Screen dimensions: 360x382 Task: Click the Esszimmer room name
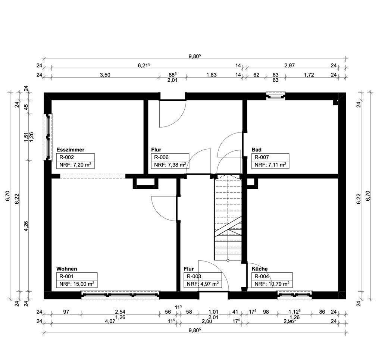pyautogui.click(x=70, y=150)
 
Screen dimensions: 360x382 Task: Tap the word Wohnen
pyautogui.click(x=67, y=269)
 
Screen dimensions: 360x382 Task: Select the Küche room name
pyautogui.click(x=260, y=269)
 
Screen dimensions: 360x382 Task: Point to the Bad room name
pyautogui.click(x=256, y=150)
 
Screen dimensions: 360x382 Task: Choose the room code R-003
pyautogui.click(x=194, y=276)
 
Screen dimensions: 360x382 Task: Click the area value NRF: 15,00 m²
pyautogui.click(x=76, y=284)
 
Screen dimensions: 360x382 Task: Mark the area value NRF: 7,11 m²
pyautogui.click(x=270, y=165)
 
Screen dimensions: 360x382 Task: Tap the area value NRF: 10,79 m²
pyautogui.click(x=272, y=284)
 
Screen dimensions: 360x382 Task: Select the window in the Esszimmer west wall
pyautogui.click(x=48, y=137)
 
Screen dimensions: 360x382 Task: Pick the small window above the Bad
pyautogui.click(x=276, y=96)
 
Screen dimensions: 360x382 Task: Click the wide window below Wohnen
pyautogui.click(x=120, y=295)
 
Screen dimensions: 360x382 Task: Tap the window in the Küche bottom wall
pyautogui.click(x=295, y=295)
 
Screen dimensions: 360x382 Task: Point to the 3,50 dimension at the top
pyautogui.click(x=105, y=75)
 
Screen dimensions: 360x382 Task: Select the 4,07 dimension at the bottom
pyautogui.click(x=110, y=321)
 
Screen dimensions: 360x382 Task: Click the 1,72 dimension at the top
pyautogui.click(x=309, y=75)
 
